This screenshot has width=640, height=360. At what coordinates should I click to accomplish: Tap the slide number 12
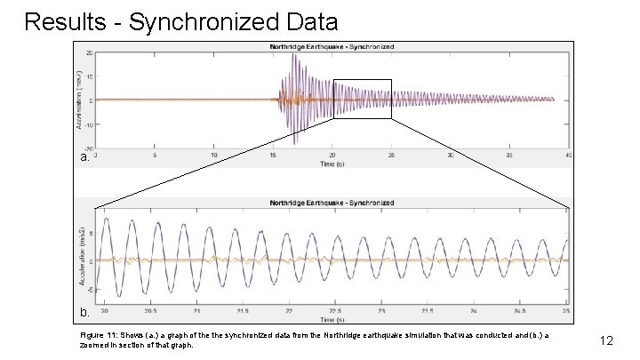click(608, 340)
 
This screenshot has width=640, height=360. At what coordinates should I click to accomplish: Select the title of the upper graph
click(332, 46)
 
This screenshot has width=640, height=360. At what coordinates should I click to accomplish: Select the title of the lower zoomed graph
click(332, 202)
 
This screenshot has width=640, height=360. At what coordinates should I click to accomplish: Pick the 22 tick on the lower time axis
click(288, 312)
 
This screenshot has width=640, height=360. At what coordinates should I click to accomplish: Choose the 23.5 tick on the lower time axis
click(428, 312)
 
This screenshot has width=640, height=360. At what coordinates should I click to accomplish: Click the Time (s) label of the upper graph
click(332, 163)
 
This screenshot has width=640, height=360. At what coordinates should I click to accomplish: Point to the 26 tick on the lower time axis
click(566, 312)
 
